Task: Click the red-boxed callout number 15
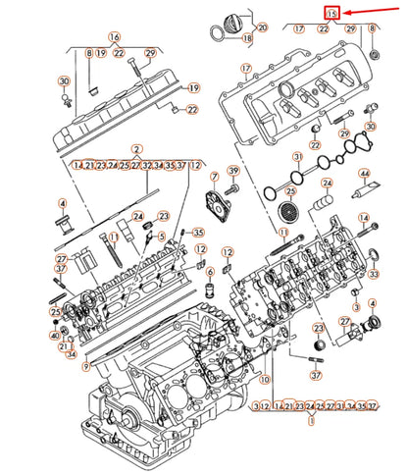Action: pos(332,13)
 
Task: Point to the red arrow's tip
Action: pos(345,13)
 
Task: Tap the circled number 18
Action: pos(246,38)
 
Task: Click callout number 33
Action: pos(373,276)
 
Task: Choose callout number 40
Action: pos(55,336)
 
